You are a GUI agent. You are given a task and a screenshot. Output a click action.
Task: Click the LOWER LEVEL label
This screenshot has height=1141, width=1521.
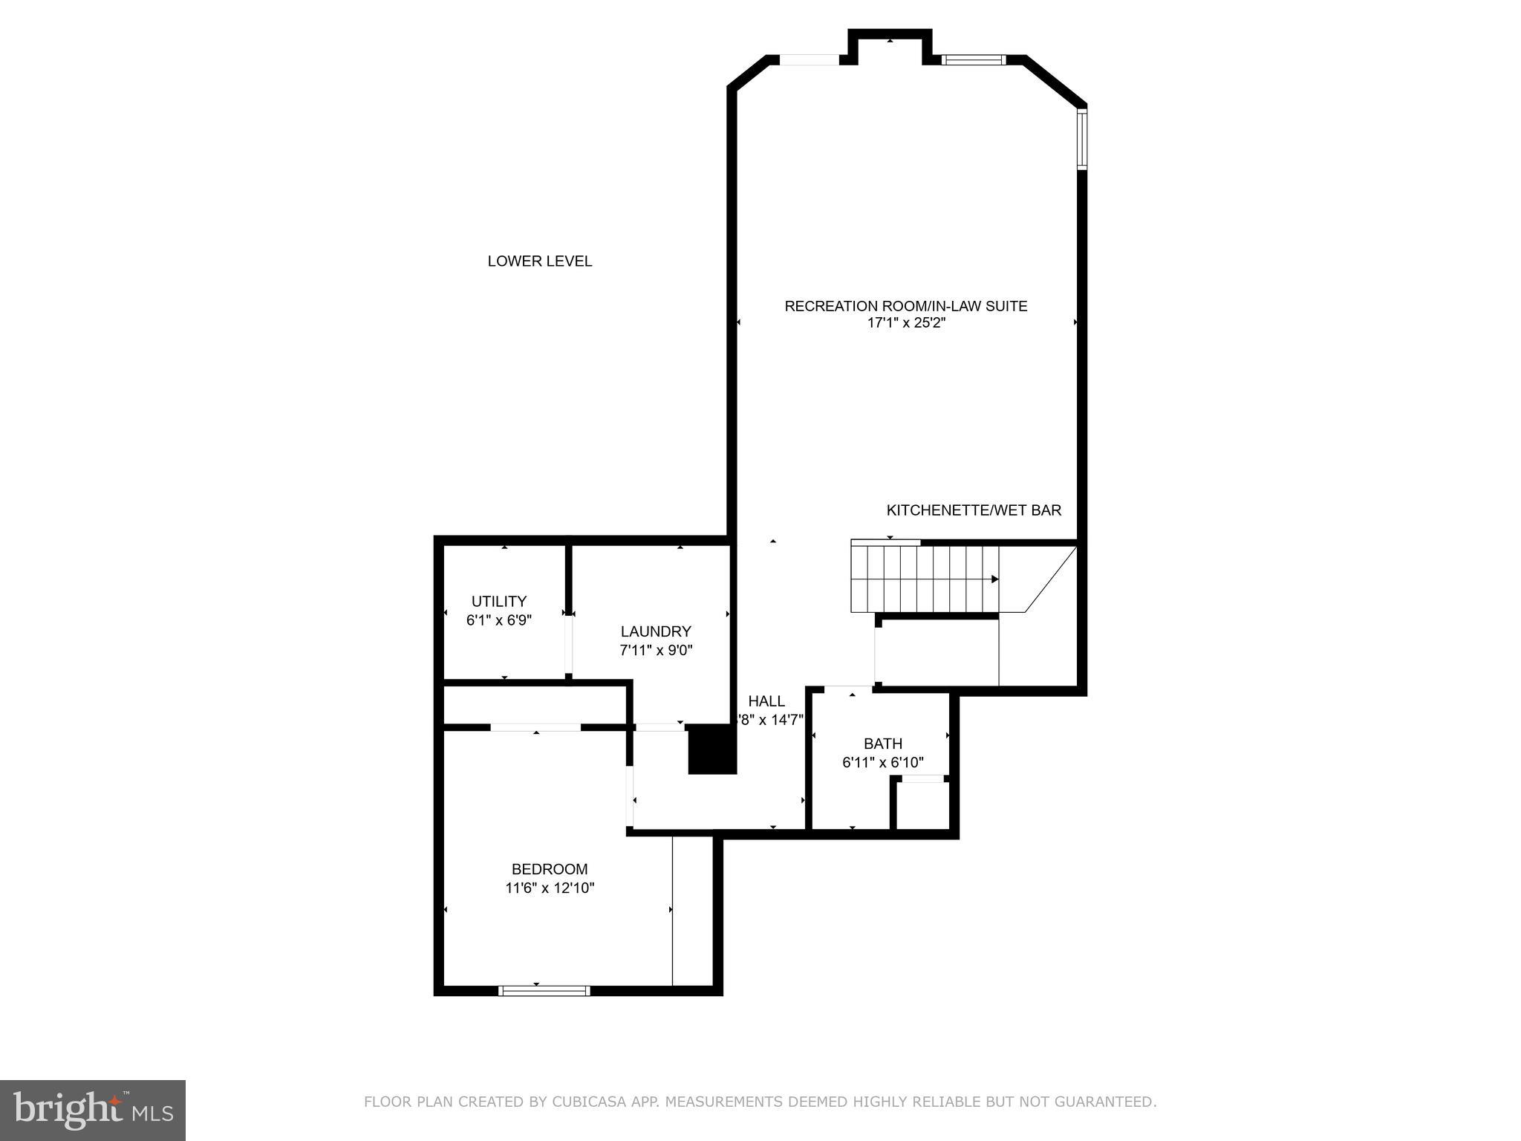pos(539,261)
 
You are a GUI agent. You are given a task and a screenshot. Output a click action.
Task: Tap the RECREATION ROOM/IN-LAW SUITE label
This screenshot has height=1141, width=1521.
pos(905,306)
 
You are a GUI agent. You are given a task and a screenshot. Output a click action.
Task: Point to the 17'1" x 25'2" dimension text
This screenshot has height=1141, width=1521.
pos(905,324)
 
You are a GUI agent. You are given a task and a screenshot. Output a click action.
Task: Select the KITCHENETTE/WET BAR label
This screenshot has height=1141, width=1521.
pos(974,510)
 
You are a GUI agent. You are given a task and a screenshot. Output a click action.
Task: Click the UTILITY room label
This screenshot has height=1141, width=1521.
pos(498,602)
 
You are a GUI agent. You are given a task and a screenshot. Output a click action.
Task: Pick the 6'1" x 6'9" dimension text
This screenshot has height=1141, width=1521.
pos(498,620)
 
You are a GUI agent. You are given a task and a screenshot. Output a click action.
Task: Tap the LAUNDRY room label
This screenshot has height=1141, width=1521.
pos(656,631)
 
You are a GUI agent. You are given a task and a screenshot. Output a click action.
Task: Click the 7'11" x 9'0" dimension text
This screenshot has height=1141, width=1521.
pos(656,651)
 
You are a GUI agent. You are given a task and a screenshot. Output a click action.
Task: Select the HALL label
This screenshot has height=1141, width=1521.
pos(766,701)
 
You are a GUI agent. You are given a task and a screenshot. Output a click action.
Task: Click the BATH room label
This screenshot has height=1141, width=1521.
pos(882,744)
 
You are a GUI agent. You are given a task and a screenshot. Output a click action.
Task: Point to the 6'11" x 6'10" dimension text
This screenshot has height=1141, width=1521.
pos(882,763)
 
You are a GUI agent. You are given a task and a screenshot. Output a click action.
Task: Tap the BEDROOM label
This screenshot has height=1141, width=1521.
pos(550,869)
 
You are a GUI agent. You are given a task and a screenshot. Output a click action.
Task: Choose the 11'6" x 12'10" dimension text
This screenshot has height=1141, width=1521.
pos(550,888)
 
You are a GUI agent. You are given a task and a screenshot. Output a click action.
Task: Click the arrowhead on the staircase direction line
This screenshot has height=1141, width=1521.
pos(995,579)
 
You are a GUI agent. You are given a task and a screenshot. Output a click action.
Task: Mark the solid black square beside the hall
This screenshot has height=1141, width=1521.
pos(711,749)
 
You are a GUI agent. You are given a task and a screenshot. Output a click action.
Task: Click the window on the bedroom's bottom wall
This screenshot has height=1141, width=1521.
pos(544,990)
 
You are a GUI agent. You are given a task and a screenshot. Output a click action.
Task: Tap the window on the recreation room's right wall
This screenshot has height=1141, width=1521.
pos(1082,139)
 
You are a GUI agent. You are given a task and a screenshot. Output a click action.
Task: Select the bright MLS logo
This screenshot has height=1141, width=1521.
pos(93,1111)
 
